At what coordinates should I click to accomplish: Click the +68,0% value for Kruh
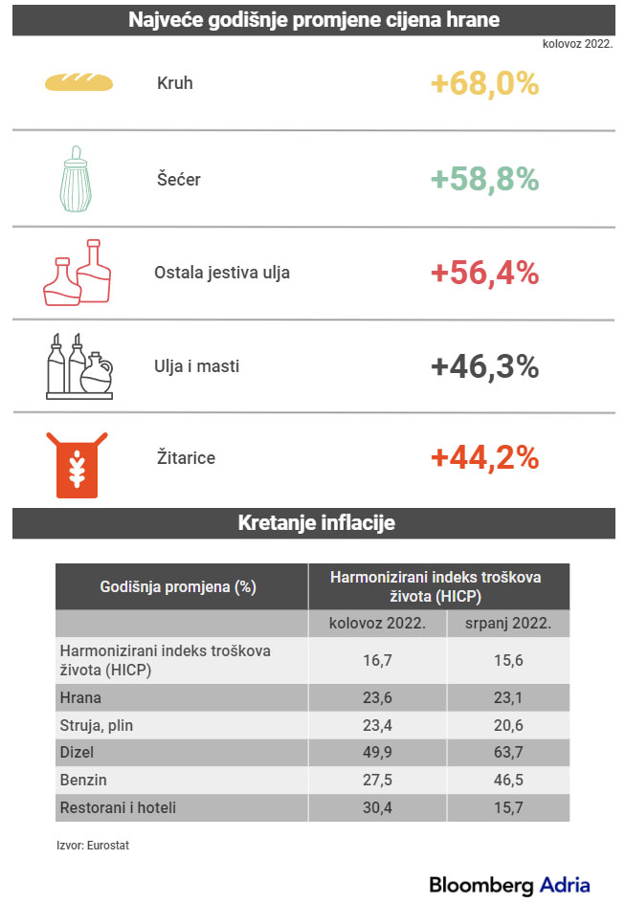pos(484,83)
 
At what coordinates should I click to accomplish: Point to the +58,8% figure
pos(484,179)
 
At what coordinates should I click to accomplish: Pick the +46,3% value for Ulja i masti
pos(484,366)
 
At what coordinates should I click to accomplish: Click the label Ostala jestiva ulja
pos(222,273)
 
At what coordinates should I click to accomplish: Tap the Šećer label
pos(179,179)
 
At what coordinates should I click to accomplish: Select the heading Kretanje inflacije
pos(315,523)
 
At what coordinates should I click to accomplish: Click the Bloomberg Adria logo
pos(509,884)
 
